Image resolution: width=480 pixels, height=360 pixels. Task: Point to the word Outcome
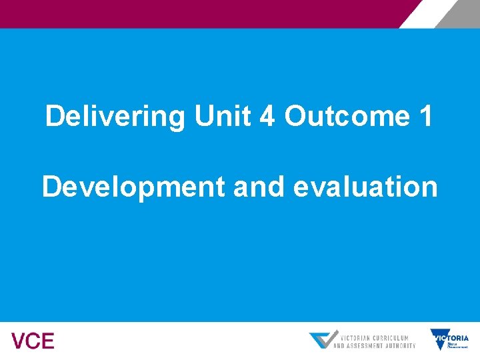point(346,117)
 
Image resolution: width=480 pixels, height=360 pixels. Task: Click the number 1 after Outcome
point(425,117)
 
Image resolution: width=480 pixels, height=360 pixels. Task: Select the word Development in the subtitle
point(133,187)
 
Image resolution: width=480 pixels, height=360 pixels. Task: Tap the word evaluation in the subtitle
point(365,187)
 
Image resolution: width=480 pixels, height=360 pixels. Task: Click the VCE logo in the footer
point(33,341)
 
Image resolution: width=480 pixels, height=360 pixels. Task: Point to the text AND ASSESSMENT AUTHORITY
point(374,345)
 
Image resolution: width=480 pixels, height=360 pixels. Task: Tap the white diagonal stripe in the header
point(420,13)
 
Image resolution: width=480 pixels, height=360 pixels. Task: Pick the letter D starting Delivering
point(54,117)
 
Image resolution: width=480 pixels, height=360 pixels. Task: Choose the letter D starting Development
point(51,187)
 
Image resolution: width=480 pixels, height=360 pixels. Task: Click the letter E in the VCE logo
point(47,341)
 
